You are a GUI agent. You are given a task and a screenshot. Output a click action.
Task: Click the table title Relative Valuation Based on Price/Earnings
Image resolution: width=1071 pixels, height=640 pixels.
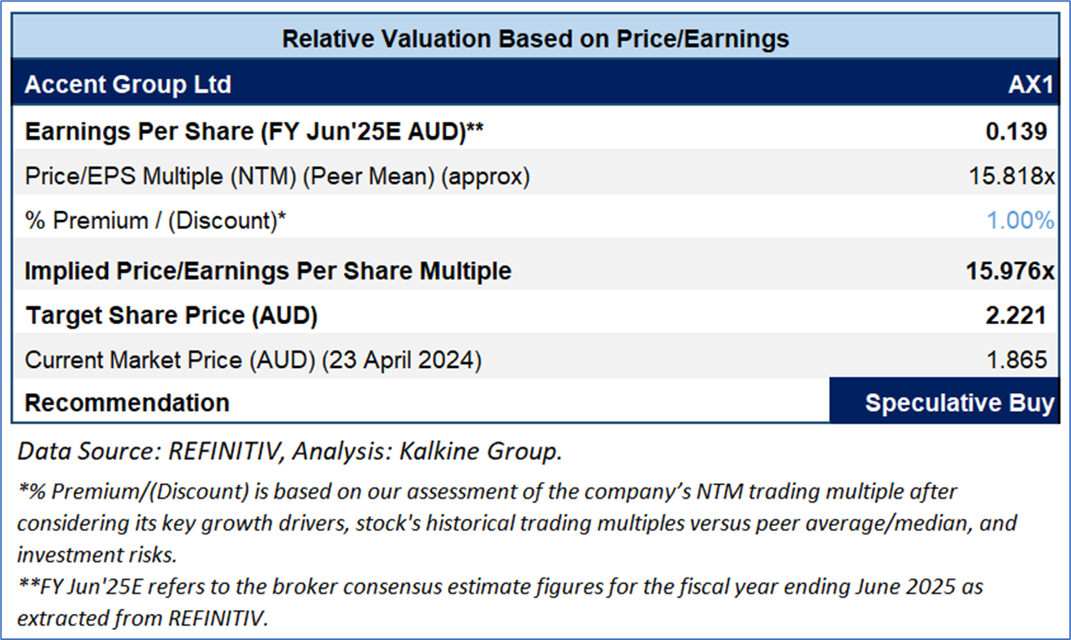(x=535, y=39)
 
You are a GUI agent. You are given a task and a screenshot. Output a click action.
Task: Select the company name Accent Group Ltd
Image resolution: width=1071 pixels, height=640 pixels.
(x=128, y=84)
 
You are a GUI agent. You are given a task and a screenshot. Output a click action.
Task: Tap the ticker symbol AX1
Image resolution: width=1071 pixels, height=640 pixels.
(x=1030, y=84)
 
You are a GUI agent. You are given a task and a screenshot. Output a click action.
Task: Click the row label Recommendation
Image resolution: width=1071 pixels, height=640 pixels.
(x=127, y=403)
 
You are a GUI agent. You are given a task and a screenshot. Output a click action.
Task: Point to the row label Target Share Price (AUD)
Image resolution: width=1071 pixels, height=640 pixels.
(x=171, y=316)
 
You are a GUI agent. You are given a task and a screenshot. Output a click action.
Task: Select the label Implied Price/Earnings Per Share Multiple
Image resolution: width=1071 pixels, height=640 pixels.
(x=268, y=270)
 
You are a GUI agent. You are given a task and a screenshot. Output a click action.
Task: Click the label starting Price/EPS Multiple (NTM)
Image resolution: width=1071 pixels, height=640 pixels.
(x=277, y=176)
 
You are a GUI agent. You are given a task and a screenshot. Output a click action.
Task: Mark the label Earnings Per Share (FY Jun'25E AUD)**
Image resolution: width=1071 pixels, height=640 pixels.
(x=254, y=132)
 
